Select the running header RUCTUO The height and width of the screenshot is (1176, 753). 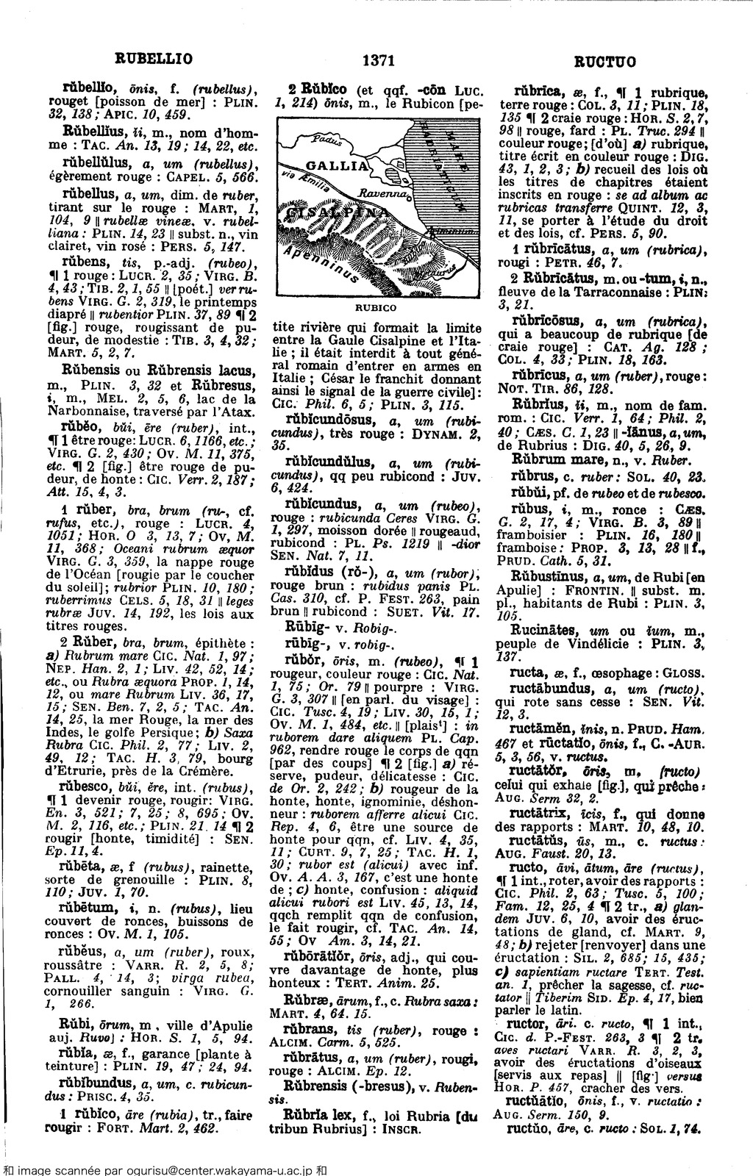(x=605, y=60)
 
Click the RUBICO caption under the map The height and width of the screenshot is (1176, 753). (x=376, y=308)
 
